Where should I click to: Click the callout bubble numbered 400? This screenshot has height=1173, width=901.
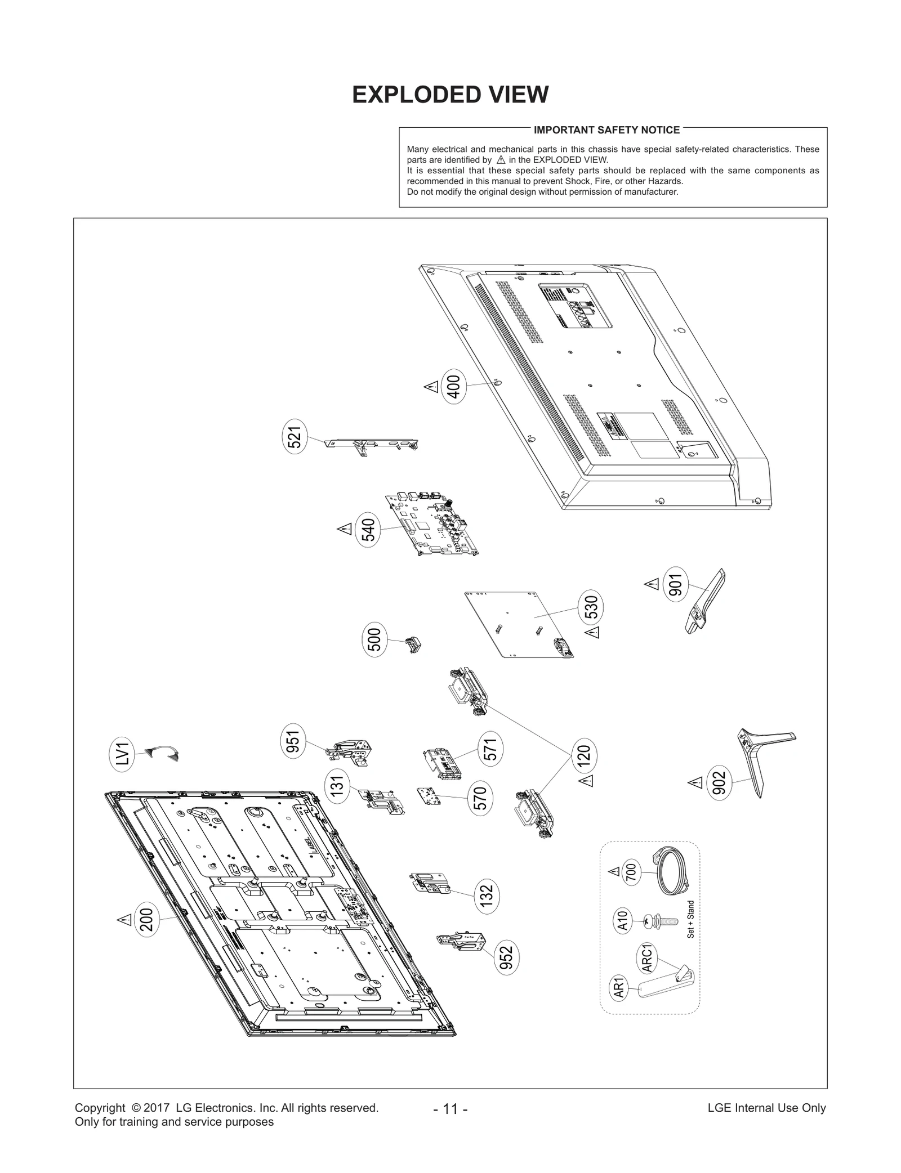click(454, 387)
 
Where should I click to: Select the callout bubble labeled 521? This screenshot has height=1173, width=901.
click(295, 437)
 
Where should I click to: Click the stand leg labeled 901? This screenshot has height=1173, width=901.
click(704, 602)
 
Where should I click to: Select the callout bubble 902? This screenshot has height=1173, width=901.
click(720, 784)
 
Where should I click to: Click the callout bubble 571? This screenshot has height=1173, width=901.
click(490, 749)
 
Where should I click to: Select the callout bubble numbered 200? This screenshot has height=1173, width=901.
click(146, 921)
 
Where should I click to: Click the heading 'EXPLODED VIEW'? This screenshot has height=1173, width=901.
click(450, 95)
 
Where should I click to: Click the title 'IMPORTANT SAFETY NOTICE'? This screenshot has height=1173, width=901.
click(606, 130)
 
